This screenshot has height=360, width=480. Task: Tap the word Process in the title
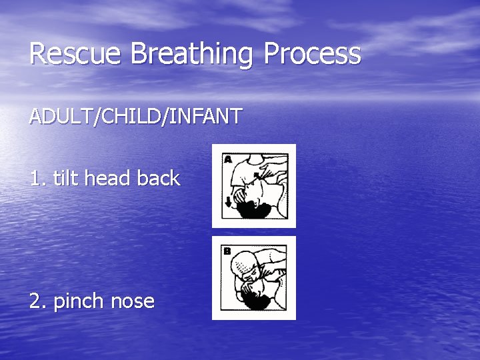[313, 54]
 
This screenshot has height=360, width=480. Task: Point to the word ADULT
[62, 117]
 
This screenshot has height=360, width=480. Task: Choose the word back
[159, 178]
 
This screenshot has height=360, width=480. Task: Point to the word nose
[133, 302]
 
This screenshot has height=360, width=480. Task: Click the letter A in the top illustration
[228, 159]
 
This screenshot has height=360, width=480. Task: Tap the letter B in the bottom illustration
[227, 251]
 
